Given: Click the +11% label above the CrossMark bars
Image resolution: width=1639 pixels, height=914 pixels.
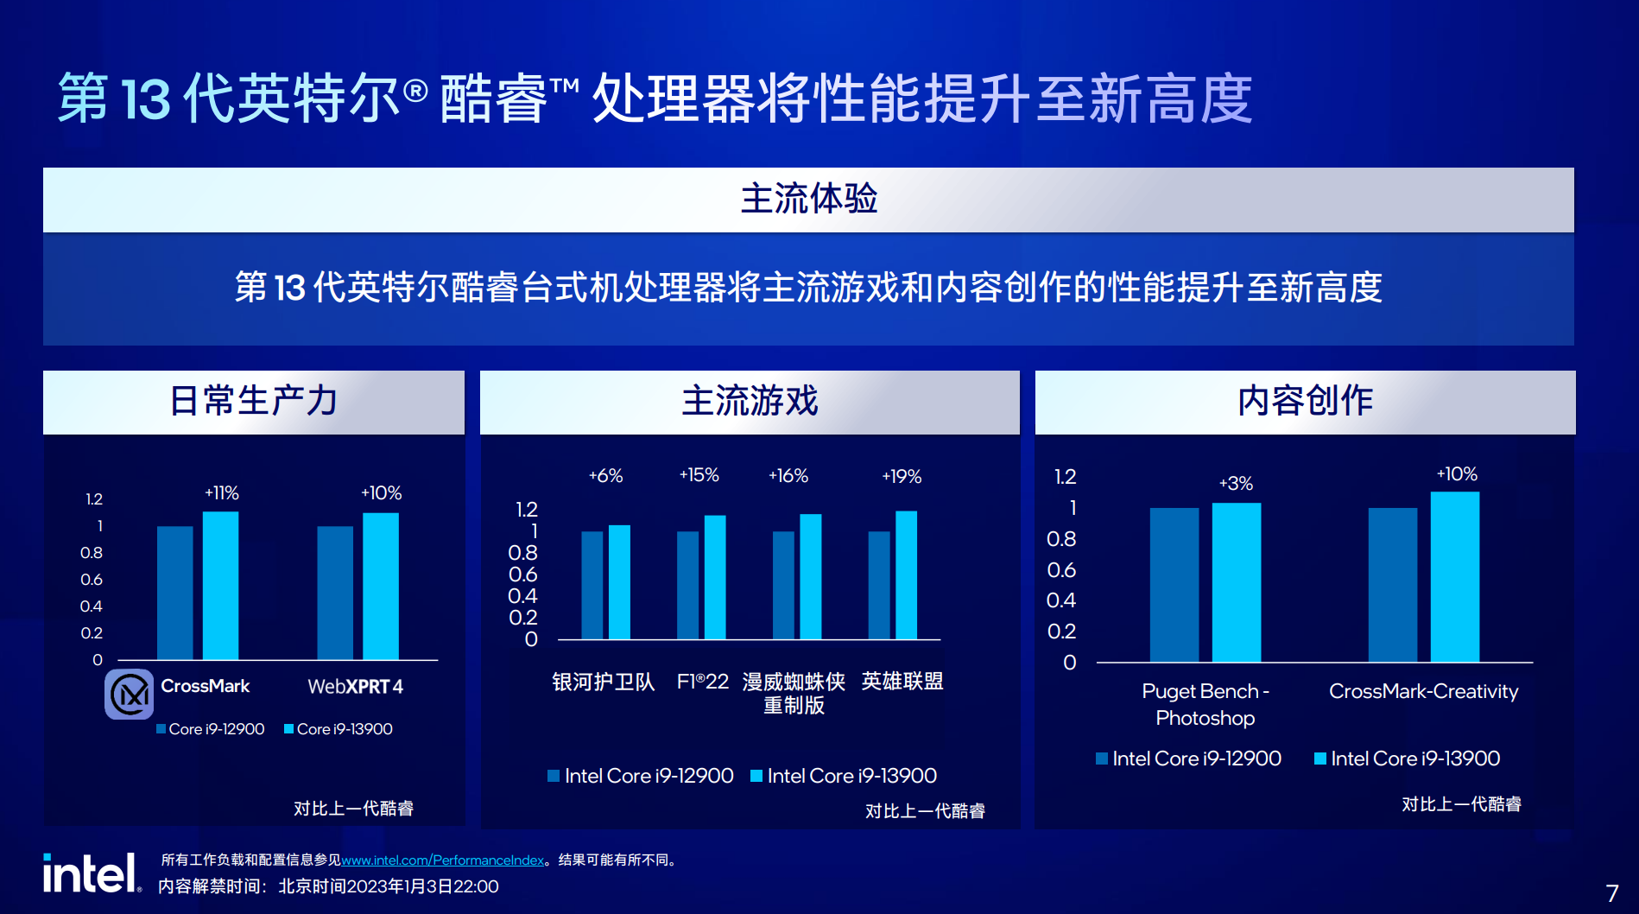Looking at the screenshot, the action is [222, 493].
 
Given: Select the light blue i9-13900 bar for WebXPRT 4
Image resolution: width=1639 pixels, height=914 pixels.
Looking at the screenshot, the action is [381, 587].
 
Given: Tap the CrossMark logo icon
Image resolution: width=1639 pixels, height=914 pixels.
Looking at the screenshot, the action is [130, 694].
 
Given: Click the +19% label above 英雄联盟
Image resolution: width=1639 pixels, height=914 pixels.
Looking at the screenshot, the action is [902, 477].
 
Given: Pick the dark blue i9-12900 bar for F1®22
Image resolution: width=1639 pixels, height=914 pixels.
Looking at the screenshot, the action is [688, 586].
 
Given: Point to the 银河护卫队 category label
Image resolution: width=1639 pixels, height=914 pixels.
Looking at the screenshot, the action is [604, 682].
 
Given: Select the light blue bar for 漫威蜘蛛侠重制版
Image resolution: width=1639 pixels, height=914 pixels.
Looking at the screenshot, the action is [811, 577].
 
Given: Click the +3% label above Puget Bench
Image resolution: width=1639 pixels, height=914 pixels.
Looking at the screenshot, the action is [1236, 484].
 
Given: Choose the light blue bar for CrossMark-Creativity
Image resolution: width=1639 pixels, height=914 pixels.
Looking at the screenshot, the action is [1455, 577].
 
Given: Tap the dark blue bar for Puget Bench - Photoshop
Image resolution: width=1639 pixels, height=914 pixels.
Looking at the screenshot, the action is [1174, 586].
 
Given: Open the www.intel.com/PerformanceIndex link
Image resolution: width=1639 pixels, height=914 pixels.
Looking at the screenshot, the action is [443, 860].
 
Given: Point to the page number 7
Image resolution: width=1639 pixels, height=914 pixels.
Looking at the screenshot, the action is [1612, 893].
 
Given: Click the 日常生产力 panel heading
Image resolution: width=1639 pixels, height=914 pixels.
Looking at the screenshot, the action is [254, 401].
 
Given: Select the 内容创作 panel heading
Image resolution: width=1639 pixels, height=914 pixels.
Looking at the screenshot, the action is [1306, 401].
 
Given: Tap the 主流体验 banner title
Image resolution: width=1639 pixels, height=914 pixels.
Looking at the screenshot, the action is [809, 199].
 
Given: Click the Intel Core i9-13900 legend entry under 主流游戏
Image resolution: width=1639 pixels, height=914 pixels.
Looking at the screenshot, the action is [844, 776].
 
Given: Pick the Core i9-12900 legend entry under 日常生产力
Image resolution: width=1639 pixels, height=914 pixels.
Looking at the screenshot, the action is [211, 729].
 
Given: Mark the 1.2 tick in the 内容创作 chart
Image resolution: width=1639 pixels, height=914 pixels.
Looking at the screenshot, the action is [1066, 477].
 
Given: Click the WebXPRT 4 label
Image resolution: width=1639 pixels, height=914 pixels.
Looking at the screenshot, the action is [356, 687].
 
